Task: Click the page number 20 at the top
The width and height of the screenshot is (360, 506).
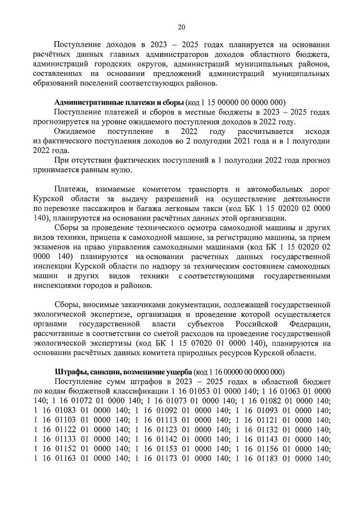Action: [181, 26]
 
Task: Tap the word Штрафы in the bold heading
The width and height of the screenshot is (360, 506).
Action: [69, 372]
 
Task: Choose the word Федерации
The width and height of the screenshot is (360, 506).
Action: [306, 325]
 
